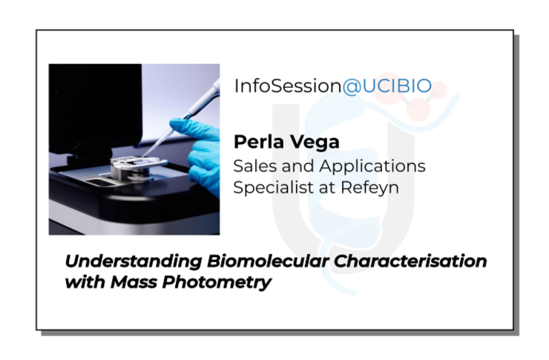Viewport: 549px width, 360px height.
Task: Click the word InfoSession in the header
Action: [x=288, y=86]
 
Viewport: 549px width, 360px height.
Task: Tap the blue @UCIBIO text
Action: [x=387, y=86]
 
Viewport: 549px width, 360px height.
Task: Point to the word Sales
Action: [x=256, y=166]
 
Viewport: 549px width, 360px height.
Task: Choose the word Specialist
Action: [x=274, y=187]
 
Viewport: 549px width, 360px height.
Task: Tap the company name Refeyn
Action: [x=369, y=187]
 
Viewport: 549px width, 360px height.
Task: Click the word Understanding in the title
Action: [x=134, y=261]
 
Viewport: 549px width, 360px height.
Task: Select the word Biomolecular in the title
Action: [x=268, y=261]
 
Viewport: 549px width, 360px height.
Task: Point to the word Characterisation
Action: [x=410, y=261]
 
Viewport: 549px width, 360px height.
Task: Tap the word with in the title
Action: [x=85, y=282]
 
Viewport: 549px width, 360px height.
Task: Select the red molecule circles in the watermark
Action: [x=423, y=98]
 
